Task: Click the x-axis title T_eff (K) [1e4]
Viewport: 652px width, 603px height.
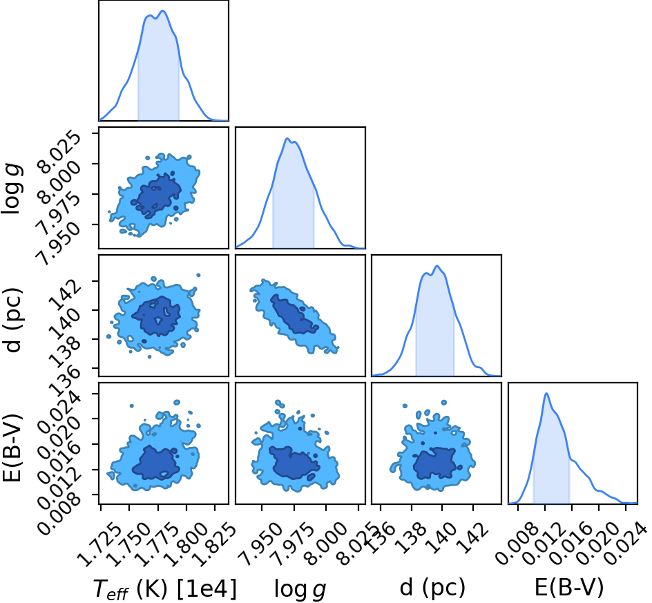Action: [x=165, y=589]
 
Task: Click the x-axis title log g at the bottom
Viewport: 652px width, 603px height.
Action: [x=300, y=590]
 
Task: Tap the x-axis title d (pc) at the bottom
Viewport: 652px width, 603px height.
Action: [x=432, y=588]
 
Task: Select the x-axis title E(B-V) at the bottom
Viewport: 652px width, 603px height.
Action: [x=568, y=588]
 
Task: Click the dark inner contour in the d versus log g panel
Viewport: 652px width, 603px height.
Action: [x=295, y=314]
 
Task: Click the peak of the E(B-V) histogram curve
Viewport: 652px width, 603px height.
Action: [x=546, y=394]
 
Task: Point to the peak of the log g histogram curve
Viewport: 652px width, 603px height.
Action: [x=287, y=138]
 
